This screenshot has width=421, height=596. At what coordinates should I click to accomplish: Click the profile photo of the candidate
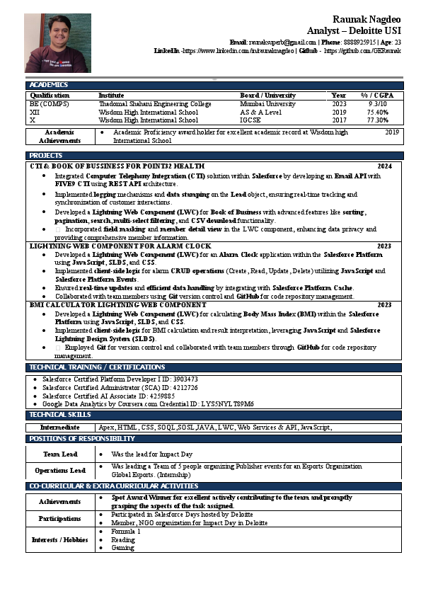57,42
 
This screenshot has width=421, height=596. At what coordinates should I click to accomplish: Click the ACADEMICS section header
49,85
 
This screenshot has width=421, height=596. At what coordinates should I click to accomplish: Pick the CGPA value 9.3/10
377,103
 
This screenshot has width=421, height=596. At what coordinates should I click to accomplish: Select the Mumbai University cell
267,103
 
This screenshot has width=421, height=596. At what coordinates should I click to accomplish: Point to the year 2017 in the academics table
339,120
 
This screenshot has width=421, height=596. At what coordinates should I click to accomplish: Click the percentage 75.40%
377,112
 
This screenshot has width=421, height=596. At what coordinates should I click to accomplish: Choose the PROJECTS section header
46,155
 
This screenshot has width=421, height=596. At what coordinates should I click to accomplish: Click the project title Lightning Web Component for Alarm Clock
120,246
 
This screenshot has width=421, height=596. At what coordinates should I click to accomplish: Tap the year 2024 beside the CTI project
384,166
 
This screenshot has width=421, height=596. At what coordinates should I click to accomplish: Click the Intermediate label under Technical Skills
60,428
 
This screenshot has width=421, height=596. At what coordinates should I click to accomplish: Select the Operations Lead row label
60,470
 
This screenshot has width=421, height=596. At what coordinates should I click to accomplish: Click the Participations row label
60,518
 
